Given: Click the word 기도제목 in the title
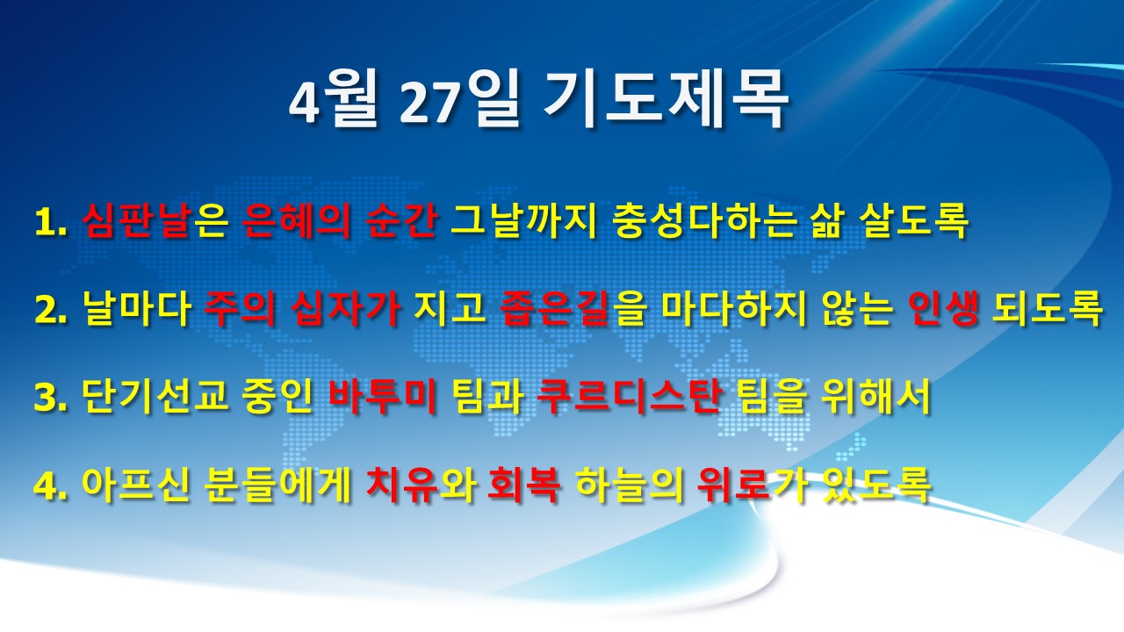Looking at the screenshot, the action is pyautogui.click(x=666, y=99).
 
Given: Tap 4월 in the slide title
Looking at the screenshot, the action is pyautogui.click(x=333, y=99).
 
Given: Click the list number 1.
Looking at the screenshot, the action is pyautogui.click(x=51, y=222).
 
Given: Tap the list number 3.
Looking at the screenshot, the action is pyautogui.click(x=51, y=397).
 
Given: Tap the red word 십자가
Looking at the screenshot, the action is pyautogui.click(x=345, y=308).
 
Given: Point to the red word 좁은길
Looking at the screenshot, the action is pyautogui.click(x=555, y=308).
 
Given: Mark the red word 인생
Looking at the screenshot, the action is pyautogui.click(x=943, y=308).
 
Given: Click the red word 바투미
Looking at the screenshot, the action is pyautogui.click(x=382, y=395).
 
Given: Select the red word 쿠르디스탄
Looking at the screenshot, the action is pyautogui.click(x=629, y=395).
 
